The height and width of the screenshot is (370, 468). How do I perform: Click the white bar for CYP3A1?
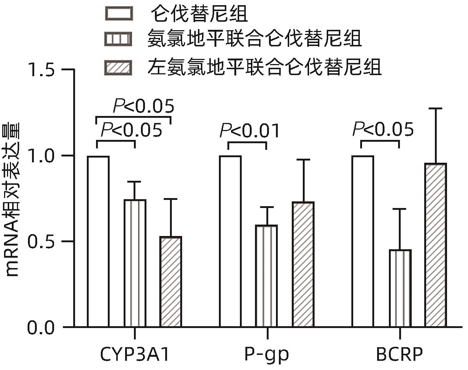(x=98, y=241)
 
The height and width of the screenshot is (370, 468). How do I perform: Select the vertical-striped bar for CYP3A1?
(x=135, y=263)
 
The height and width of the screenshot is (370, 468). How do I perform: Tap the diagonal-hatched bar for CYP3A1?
(x=170, y=282)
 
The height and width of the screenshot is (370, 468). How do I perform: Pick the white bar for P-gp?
(x=230, y=241)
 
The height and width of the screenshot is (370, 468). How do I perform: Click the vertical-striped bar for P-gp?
(x=267, y=276)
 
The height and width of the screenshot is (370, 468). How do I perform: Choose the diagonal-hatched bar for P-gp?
(x=303, y=264)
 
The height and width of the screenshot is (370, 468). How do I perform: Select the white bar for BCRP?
(x=363, y=241)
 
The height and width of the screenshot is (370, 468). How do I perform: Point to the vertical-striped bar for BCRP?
(x=400, y=288)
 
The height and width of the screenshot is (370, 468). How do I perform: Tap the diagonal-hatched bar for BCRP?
(x=436, y=245)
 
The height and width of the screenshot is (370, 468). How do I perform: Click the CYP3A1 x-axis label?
(x=135, y=355)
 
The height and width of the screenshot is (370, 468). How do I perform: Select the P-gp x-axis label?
(x=267, y=355)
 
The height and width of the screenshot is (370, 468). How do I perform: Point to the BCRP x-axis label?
(x=399, y=355)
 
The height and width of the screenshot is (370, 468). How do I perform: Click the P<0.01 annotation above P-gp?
(x=250, y=131)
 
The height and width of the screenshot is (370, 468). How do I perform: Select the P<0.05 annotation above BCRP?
(x=383, y=130)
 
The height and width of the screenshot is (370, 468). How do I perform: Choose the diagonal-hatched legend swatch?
(x=118, y=68)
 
